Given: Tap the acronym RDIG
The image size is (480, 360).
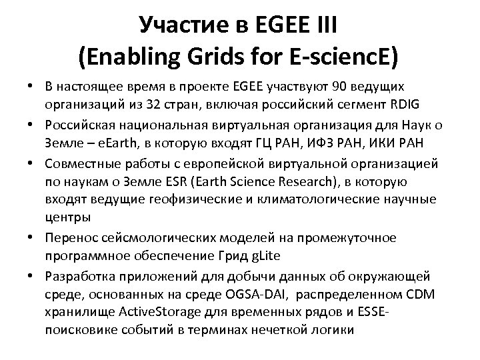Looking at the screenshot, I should coord(399,105).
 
